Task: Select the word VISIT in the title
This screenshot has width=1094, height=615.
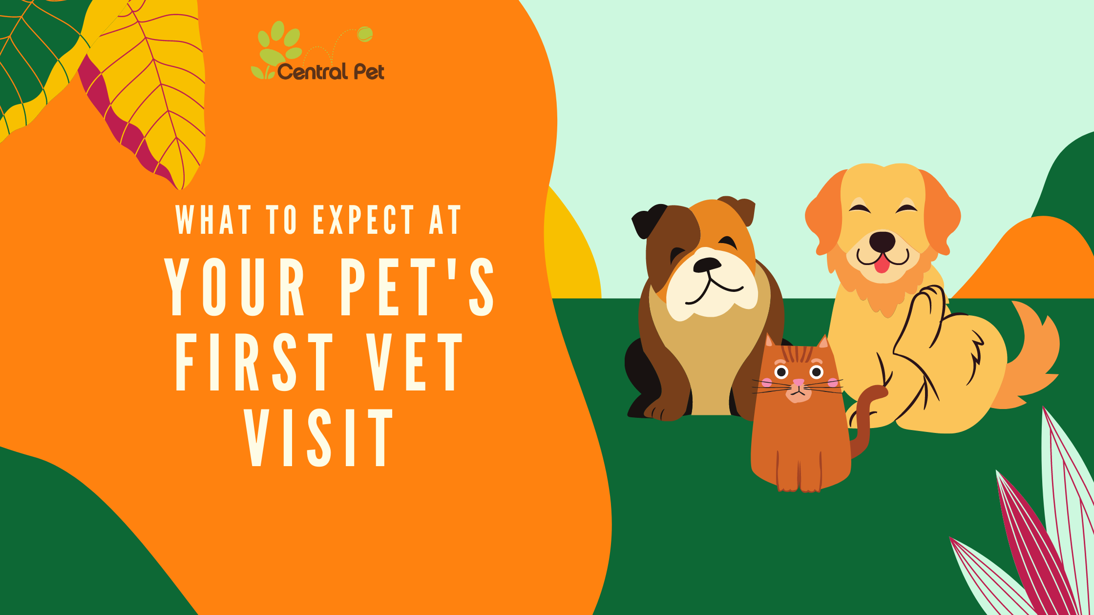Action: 319,438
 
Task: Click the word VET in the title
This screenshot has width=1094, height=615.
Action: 415,362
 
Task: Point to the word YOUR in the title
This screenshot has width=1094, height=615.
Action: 234,287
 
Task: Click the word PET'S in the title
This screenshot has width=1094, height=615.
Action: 418,287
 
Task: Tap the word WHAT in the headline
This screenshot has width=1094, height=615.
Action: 213,220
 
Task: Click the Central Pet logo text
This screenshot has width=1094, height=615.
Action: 331,72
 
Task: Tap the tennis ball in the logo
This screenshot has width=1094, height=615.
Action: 365,34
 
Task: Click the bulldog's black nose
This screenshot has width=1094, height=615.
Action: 707,265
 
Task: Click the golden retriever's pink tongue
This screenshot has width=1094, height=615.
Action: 882,264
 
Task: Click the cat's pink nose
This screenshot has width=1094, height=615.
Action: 799,382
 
